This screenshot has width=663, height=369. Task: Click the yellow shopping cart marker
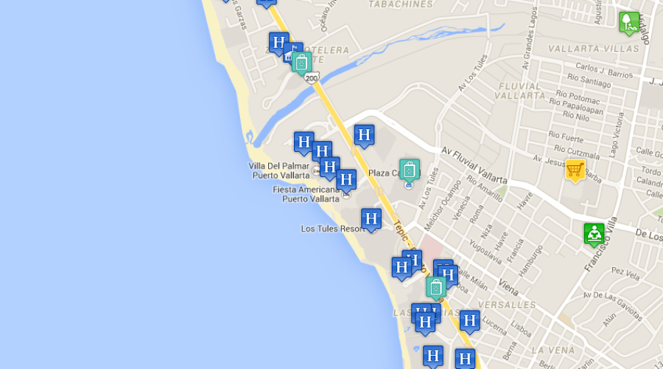coord(575,170)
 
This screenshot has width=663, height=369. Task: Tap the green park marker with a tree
coord(628,21)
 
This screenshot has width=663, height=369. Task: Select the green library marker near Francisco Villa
coord(594,234)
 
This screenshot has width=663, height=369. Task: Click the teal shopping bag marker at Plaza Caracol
coord(410,170)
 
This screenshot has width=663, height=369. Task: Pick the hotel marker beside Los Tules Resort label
coord(371,219)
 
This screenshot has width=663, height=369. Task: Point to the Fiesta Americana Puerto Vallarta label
coord(306,194)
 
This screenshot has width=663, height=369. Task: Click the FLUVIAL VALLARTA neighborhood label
coord(519,91)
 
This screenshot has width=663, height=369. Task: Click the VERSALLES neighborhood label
coord(507,305)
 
